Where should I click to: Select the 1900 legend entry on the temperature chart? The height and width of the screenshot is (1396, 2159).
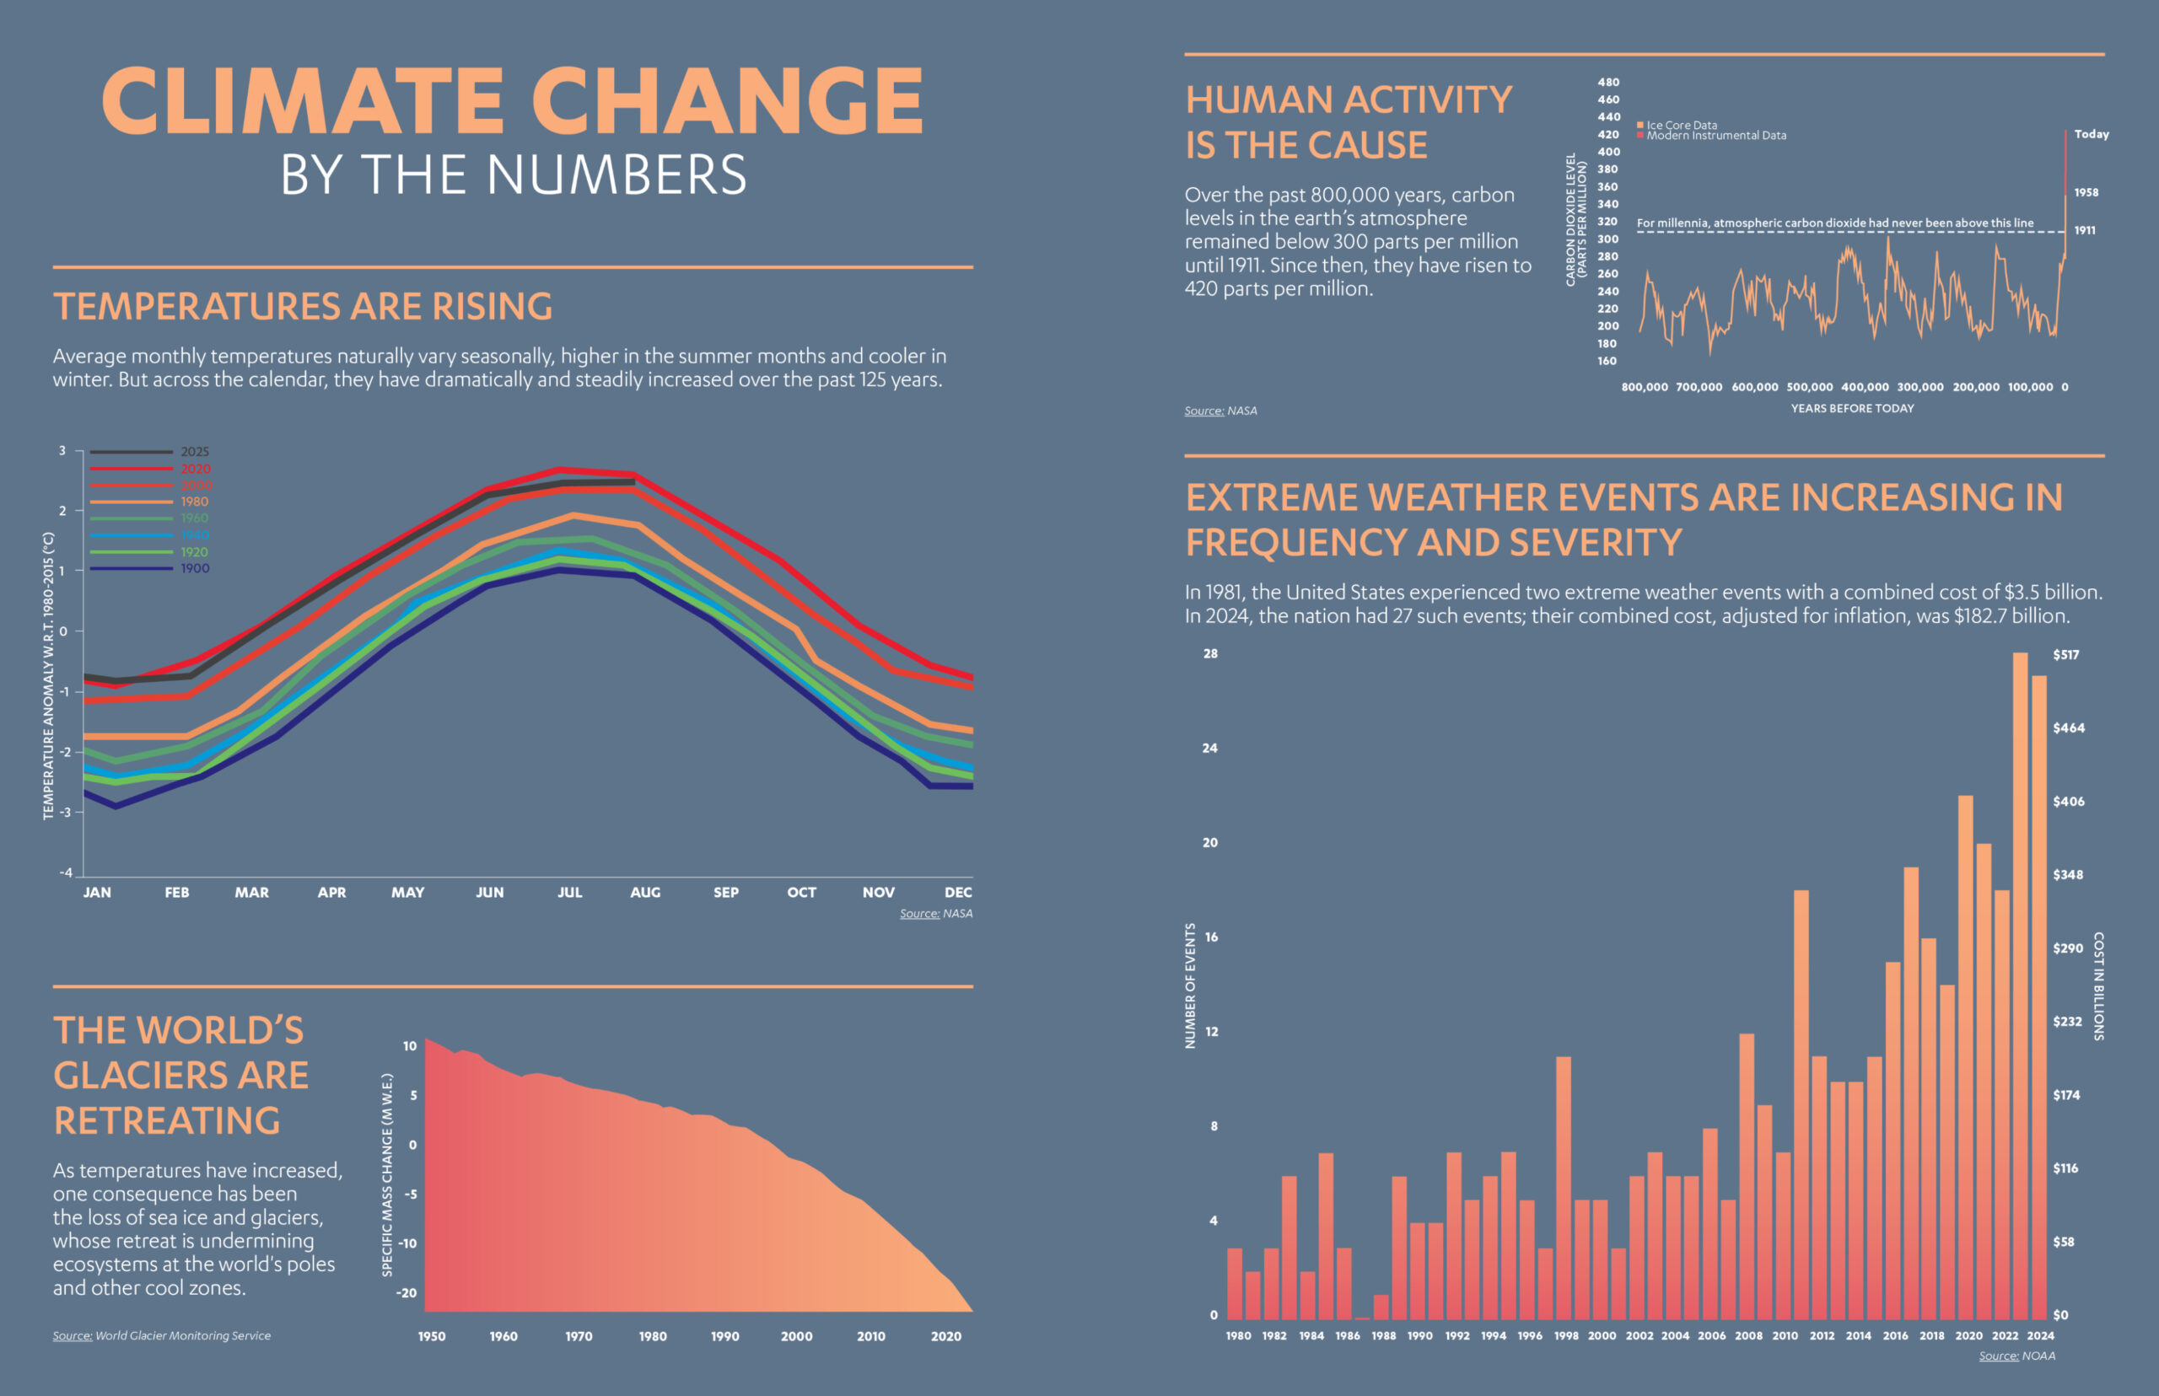coord(194,568)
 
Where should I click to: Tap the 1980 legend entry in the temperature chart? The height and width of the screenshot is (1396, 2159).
coord(194,502)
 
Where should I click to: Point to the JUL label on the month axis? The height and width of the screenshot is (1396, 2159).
coord(569,892)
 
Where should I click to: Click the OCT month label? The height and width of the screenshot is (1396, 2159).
coord(801,892)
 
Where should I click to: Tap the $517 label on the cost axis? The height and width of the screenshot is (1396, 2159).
coord(2065,654)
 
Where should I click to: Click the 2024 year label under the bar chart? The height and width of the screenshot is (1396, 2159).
coord(2041,1335)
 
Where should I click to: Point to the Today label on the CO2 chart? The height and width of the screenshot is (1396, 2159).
coord(2091,134)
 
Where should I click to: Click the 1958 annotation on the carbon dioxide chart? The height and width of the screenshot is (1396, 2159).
coord(2086,192)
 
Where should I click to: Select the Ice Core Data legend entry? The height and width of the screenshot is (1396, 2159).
coord(1681,125)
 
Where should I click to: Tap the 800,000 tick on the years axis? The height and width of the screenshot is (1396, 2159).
coord(1644,387)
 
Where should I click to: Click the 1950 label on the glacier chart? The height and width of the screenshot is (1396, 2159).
coord(432,1336)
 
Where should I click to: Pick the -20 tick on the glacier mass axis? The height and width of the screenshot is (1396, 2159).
coord(408,1292)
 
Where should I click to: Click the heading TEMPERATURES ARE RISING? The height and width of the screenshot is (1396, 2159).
coord(303,306)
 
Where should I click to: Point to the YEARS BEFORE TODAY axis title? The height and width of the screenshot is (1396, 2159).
coord(1852,409)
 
